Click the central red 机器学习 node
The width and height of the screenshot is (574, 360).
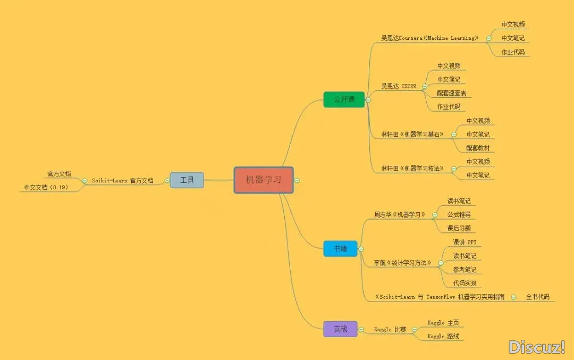coord(264,180)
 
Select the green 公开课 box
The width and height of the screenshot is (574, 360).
coord(344,99)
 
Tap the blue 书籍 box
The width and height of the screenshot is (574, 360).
coord(340,248)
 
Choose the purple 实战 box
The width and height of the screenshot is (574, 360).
coord(340,329)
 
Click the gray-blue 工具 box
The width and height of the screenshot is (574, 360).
coord(187,180)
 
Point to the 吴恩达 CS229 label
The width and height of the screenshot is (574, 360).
coord(399,86)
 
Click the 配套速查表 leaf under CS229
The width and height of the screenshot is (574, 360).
coord(451,93)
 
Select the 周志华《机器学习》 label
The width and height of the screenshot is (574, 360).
coord(400,215)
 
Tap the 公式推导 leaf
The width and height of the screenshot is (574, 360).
coord(458,215)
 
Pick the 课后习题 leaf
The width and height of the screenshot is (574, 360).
coord(458,229)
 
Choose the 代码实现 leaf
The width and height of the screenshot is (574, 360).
coord(465,283)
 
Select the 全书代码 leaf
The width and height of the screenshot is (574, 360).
coord(537,297)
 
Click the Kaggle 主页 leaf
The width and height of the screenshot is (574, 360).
coord(443,323)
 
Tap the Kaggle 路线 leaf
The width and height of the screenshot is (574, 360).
coord(443,337)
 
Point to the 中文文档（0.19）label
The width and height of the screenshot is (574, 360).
coord(46,187)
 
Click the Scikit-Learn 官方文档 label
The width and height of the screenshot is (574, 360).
coord(122,181)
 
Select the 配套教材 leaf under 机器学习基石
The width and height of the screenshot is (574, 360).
coord(478,148)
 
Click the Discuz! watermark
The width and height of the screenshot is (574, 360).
coord(536,347)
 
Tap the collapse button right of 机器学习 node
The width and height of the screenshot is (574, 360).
coord(297,180)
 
